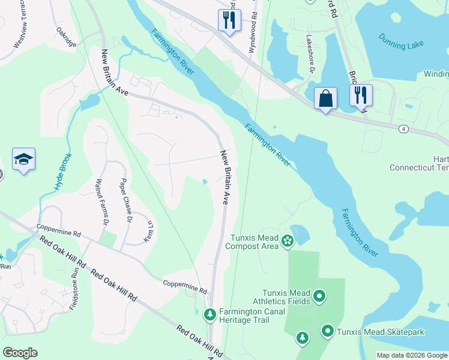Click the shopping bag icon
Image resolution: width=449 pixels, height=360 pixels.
325,98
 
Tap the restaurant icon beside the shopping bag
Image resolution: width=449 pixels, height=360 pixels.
361,95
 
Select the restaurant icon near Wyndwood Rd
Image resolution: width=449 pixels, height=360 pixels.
229,20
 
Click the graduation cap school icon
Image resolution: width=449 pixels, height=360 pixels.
23,160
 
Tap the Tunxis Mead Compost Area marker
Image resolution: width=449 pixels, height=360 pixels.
288,241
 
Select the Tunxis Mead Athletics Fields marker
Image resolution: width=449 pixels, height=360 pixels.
320,296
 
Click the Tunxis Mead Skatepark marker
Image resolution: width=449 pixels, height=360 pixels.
328,331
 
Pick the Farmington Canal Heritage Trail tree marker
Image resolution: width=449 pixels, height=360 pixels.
210,314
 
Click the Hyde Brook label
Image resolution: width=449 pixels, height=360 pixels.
63,172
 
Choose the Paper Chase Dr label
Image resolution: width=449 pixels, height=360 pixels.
125,200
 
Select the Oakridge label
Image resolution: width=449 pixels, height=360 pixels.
67,35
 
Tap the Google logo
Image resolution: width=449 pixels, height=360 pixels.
20,353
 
